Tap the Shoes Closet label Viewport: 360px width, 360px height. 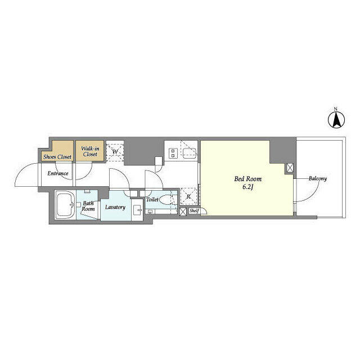57,157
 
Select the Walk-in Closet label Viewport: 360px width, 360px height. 90,151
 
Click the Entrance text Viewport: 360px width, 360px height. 57,173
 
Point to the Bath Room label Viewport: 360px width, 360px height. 88,206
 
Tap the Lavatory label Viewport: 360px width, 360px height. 115,207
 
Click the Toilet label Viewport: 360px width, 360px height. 152,200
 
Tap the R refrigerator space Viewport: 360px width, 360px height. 188,196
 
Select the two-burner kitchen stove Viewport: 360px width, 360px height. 173,152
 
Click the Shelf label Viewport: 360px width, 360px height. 194,211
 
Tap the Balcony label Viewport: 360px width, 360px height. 317,179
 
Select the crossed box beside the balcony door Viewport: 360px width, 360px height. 290,168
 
